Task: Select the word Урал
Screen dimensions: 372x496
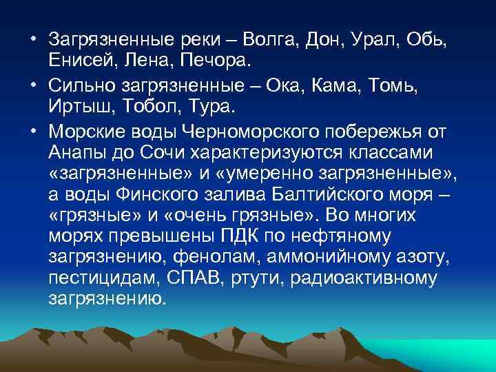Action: click(371, 41)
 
